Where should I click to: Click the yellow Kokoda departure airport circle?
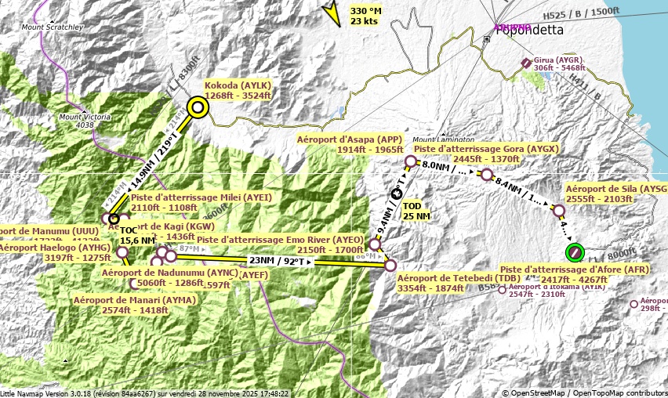(198, 107)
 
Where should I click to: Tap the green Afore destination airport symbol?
(575, 252)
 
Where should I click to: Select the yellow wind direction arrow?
(332, 13)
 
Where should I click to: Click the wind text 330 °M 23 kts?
(366, 16)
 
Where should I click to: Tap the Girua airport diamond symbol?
(526, 63)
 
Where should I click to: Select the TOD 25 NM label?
(416, 211)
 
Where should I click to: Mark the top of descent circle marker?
(396, 194)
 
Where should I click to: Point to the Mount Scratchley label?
(53, 27)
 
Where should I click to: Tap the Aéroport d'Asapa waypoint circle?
(410, 161)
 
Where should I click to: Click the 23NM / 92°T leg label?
(280, 261)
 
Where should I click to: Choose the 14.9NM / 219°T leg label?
(154, 161)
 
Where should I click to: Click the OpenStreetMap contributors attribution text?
(584, 393)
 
